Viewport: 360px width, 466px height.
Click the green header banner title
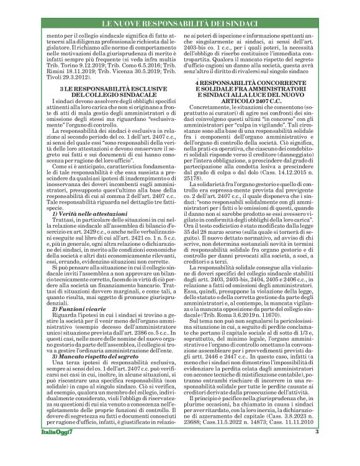tap(179, 23)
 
